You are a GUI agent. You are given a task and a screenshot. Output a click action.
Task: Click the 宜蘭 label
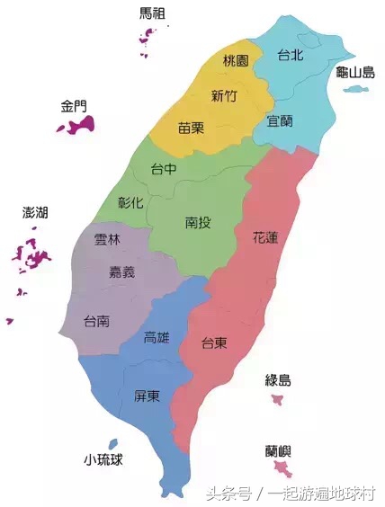281,120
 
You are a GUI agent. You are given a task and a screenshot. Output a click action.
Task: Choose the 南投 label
200,221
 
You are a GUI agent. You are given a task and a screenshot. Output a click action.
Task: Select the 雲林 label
107,240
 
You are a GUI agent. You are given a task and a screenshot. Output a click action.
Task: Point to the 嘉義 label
122,272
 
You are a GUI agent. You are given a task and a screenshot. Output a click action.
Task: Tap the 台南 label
97,320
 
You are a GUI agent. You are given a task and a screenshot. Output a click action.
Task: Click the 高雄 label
157,338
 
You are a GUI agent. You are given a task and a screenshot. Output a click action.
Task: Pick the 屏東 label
148,396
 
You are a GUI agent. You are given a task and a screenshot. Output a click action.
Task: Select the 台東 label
213,342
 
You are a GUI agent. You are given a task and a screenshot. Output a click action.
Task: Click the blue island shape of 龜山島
357,90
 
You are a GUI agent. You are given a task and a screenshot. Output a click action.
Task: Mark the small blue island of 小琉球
112,444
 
